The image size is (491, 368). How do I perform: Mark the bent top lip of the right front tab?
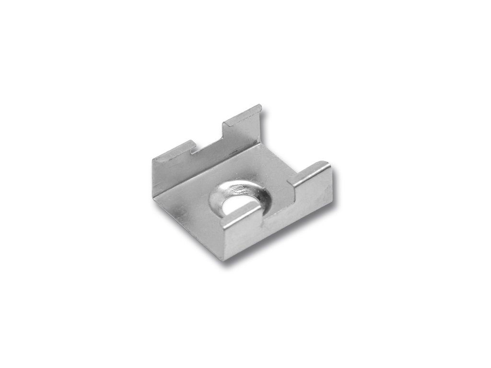coord(312,170)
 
